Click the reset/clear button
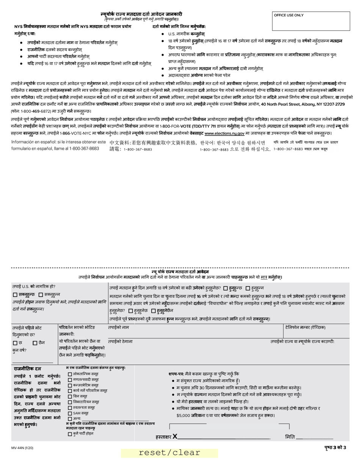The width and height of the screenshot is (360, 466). (x=169, y=453)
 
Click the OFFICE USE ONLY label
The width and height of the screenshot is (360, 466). (x=289, y=16)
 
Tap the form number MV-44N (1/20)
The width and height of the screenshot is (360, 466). (x=22, y=448)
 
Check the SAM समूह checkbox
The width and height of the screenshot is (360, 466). (x=70, y=413)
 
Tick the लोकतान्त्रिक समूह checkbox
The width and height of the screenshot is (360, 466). (x=70, y=374)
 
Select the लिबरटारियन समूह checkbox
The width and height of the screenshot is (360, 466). (x=70, y=402)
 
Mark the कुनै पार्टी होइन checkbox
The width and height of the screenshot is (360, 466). (x=70, y=433)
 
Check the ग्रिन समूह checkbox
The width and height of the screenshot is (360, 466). (x=70, y=396)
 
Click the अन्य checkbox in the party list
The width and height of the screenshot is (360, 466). (x=70, y=419)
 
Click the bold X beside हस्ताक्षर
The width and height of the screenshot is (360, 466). (x=175, y=437)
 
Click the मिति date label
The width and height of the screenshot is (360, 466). (x=290, y=437)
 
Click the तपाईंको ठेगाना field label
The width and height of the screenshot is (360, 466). (x=120, y=341)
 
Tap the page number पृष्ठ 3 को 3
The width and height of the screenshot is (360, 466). (x=335, y=447)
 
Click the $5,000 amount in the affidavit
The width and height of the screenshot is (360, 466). (x=184, y=415)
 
